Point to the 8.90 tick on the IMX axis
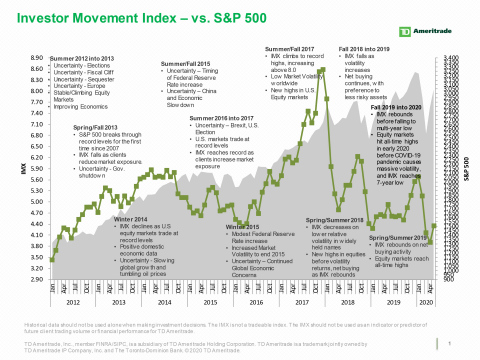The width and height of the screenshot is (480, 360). [x=35, y=58]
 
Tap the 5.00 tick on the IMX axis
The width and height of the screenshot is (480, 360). [x=35, y=202]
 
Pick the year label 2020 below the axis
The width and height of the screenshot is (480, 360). [x=426, y=301]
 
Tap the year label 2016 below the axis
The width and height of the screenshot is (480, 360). [x=256, y=301]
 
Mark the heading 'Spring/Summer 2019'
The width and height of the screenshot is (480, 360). [x=398, y=237]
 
